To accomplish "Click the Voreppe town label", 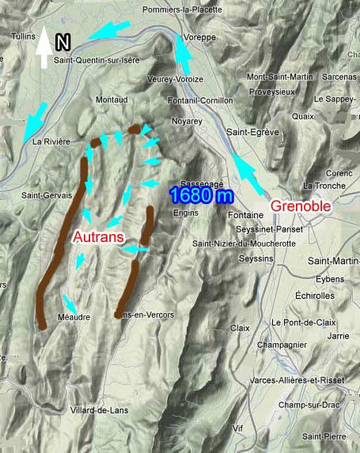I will pyautogui.click(x=188, y=37).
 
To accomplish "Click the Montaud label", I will pyautogui.click(x=111, y=100).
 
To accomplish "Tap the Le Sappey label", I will pyautogui.click(x=333, y=100).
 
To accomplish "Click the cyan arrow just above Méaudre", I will pyautogui.click(x=70, y=302).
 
